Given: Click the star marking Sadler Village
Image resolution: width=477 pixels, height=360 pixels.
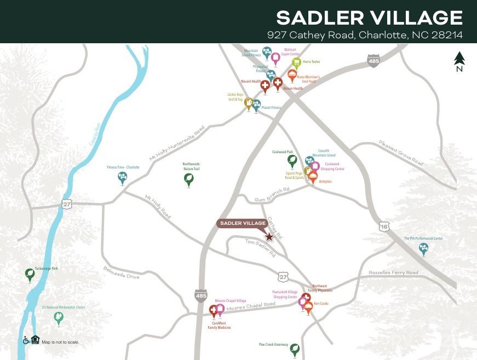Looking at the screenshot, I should click(x=269, y=237).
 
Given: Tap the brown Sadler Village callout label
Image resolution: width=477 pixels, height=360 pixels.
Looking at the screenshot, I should click(x=243, y=223).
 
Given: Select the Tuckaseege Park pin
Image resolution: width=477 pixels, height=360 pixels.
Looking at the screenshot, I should click(x=30, y=274).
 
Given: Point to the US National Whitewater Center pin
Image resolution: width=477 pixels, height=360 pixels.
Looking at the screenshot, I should click(x=59, y=318).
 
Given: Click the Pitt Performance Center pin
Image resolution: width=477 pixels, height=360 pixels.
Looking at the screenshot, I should click(x=423, y=249).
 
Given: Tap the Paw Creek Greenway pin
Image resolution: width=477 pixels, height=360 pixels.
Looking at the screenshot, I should click(x=295, y=349).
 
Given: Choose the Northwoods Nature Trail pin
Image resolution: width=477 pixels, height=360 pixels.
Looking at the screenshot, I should click(x=189, y=179).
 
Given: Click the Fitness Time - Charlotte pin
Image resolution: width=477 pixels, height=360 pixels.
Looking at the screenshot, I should click(x=122, y=178).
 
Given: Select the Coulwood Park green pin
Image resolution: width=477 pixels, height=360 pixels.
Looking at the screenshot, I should click(x=292, y=160).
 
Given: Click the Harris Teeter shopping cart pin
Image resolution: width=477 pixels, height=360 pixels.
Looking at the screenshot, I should click(x=296, y=63).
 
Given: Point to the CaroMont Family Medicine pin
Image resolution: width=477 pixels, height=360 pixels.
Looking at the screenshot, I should click(x=214, y=311).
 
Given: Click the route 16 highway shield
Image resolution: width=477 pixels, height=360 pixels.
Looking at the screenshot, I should click(x=384, y=225).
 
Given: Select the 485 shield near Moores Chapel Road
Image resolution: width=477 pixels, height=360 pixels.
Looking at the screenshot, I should click(x=201, y=295).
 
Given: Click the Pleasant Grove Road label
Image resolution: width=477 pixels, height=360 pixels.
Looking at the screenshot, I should click(x=401, y=153).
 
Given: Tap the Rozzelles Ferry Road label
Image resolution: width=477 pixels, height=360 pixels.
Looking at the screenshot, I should click(x=393, y=272).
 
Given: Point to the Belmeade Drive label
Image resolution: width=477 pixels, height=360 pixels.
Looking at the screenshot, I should click(x=122, y=272).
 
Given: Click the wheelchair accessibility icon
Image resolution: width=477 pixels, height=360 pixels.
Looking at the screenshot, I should click(x=26, y=340).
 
